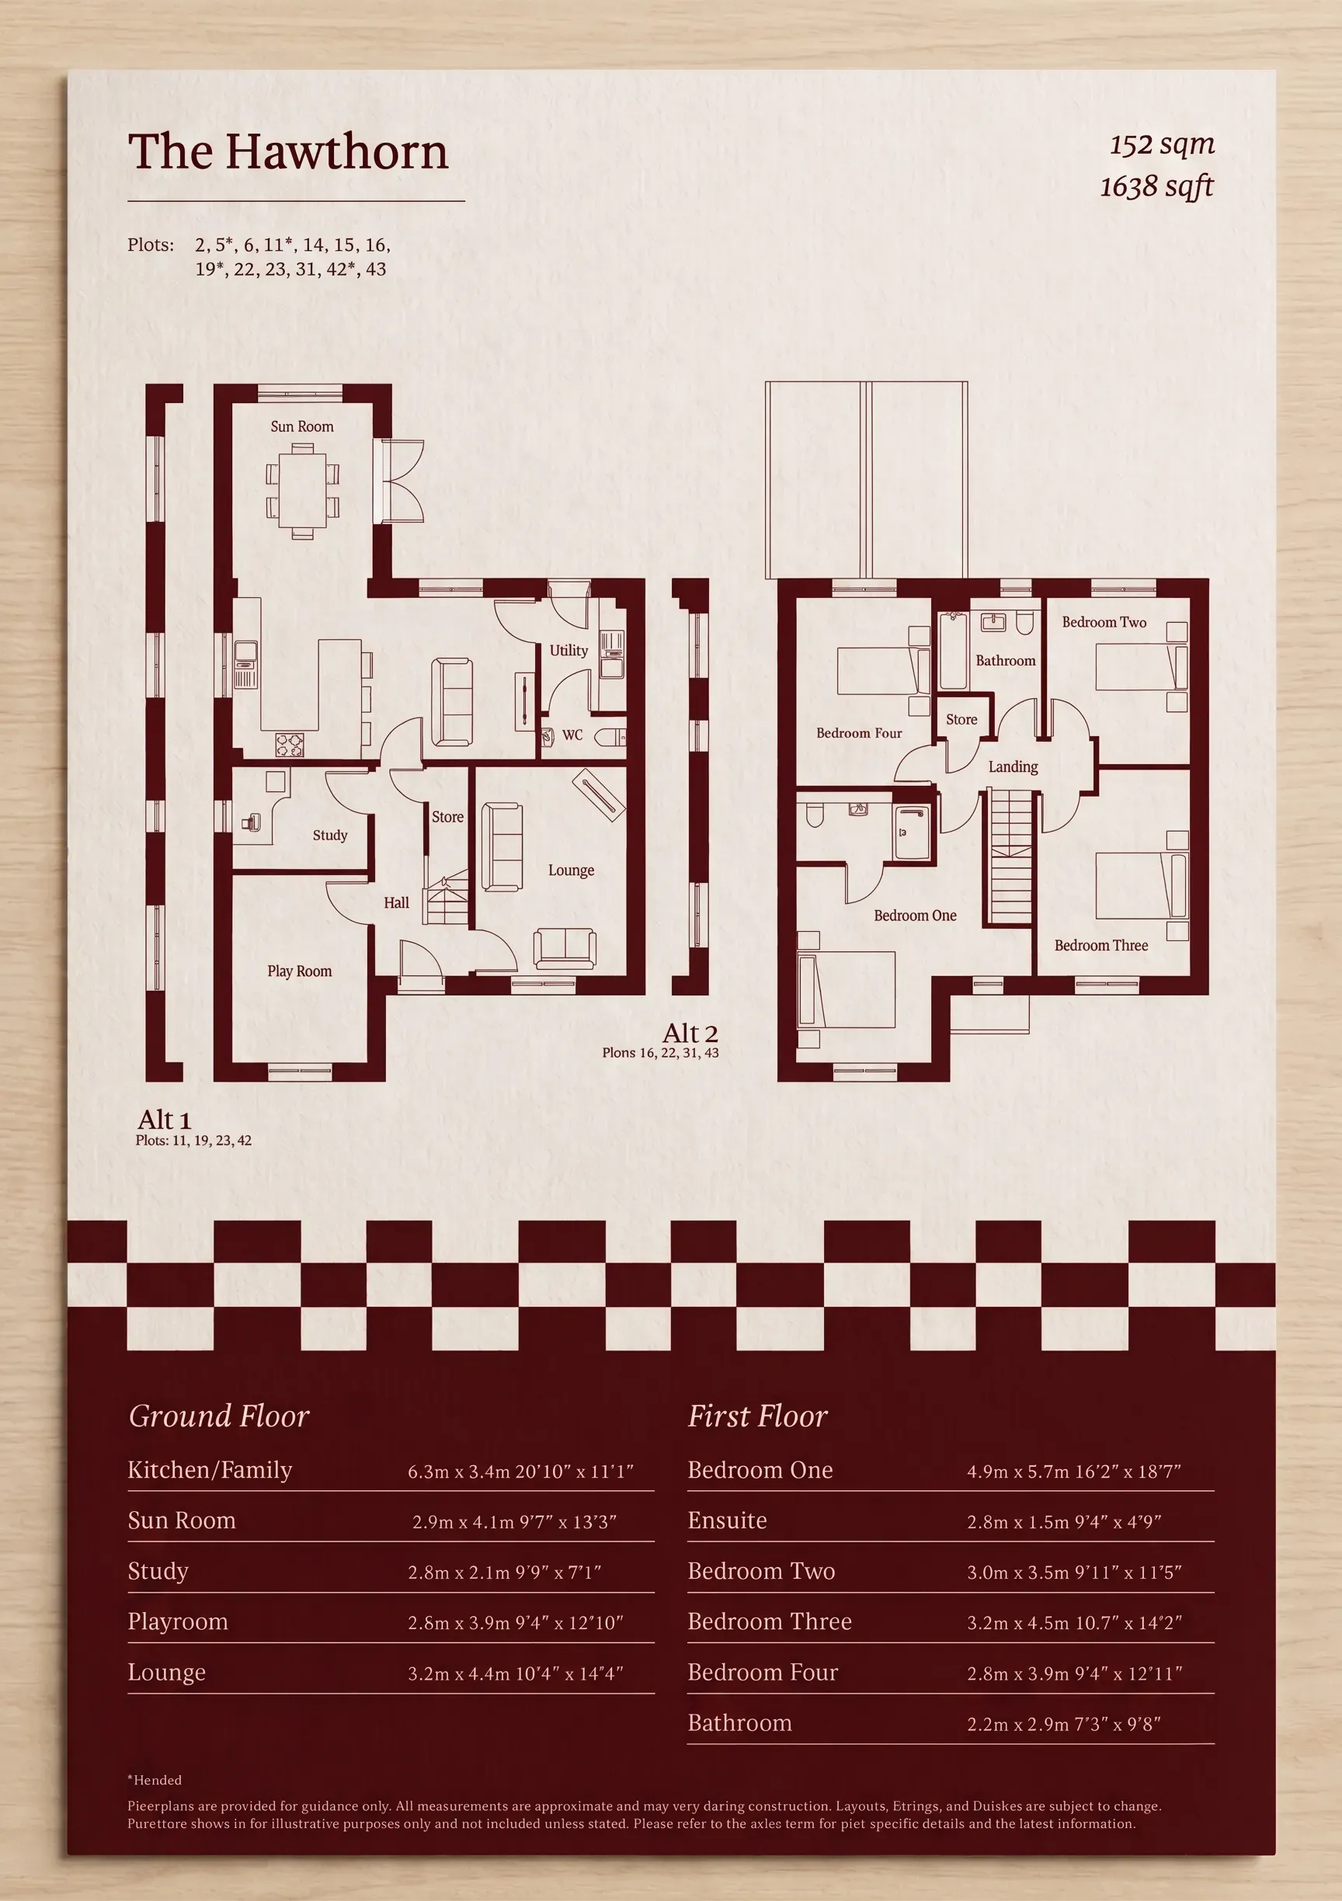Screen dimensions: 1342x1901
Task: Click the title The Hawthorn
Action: click(x=288, y=151)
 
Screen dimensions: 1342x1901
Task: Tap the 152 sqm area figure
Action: click(x=1162, y=145)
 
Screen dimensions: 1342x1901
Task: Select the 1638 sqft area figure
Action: click(x=1156, y=186)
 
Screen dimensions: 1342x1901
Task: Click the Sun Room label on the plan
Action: click(x=302, y=426)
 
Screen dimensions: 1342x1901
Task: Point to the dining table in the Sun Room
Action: click(x=302, y=492)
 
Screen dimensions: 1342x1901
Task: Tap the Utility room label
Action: click(x=568, y=651)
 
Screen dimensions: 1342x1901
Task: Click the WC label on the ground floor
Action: click(x=572, y=735)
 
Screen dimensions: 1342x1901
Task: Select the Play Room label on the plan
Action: click(x=300, y=971)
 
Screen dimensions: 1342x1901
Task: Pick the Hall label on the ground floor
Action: click(x=397, y=902)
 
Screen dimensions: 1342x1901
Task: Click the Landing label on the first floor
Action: click(x=1013, y=766)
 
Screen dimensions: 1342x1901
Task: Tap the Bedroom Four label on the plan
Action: click(x=860, y=733)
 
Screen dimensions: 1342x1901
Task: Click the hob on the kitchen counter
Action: click(x=289, y=745)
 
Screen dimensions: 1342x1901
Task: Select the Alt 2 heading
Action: click(x=690, y=1034)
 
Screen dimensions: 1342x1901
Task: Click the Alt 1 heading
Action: click(x=164, y=1120)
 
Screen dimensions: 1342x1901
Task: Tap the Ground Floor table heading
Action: click(x=218, y=1416)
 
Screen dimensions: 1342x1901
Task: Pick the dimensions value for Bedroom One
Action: click(x=1074, y=1472)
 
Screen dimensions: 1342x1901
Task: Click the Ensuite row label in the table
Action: click(x=727, y=1520)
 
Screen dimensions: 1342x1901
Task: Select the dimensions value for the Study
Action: click(x=504, y=1573)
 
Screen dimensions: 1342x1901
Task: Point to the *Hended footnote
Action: click(x=154, y=1779)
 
